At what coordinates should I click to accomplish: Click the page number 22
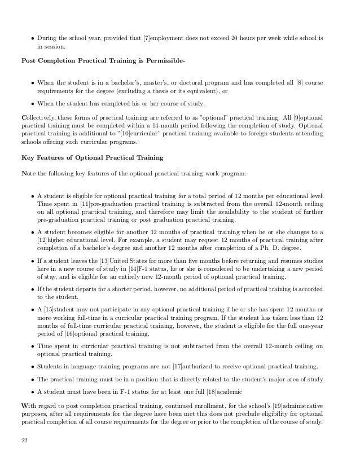[x=24, y=440]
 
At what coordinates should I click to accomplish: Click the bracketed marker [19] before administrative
[x=267, y=406]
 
